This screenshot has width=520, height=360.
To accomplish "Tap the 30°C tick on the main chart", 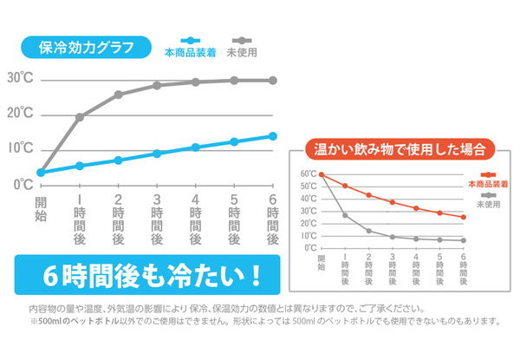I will tap(19, 78).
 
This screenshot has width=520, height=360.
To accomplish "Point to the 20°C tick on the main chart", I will tap(19, 114).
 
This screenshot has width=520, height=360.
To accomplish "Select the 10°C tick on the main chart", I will tap(19, 148).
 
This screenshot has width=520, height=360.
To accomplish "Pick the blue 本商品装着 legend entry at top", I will tap(186, 51).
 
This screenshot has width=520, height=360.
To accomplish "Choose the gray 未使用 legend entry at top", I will tap(247, 51).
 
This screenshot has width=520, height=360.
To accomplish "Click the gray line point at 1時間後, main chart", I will tap(80, 116).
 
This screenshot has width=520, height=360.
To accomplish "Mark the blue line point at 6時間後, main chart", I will tap(272, 135).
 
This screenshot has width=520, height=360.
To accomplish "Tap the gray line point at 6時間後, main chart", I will tap(272, 80).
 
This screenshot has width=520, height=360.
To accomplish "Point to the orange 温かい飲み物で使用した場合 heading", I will tap(400, 147).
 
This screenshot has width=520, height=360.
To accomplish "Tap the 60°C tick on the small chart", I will tap(309, 174).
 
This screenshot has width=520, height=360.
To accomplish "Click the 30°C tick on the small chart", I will tap(309, 211).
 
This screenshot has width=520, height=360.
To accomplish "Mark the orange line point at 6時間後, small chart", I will tap(464, 217).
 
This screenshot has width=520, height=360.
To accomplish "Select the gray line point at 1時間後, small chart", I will tap(345, 215).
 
